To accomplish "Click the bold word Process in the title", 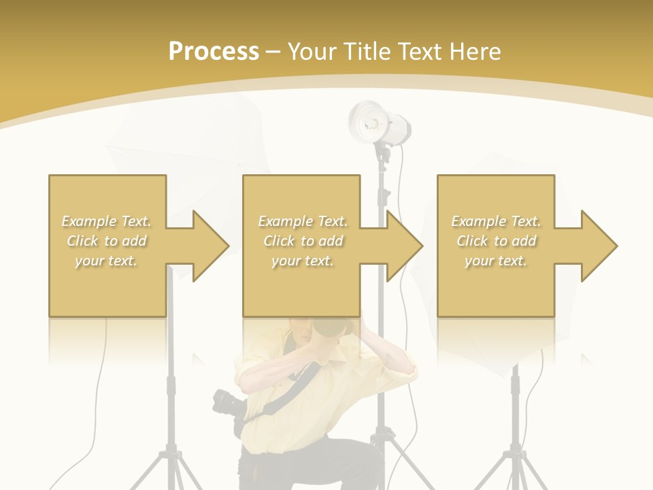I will coord(214,52).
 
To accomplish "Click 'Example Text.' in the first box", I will coord(107,221).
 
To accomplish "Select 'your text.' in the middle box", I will coord(302,261).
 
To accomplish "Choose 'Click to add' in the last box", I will coord(497,241).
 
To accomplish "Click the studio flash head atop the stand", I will coord(380,123).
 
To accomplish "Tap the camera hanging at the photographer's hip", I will coord(227,404).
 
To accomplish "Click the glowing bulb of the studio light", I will coord(372,123).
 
